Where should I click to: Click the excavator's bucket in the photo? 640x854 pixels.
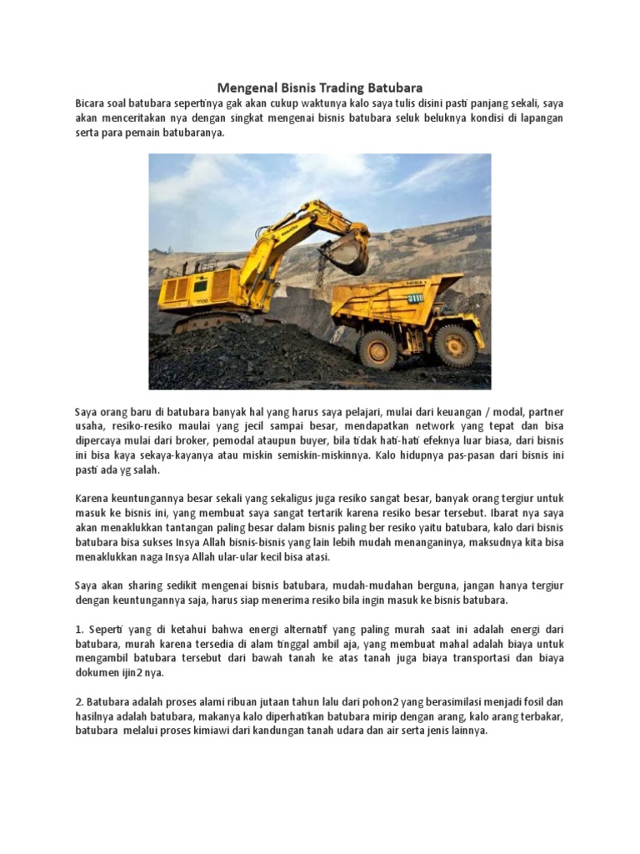344,253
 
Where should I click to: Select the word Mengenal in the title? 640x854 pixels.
247,87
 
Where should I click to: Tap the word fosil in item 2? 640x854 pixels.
534,701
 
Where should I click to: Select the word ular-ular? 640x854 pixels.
227,557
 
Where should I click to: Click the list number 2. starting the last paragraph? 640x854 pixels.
79,701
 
